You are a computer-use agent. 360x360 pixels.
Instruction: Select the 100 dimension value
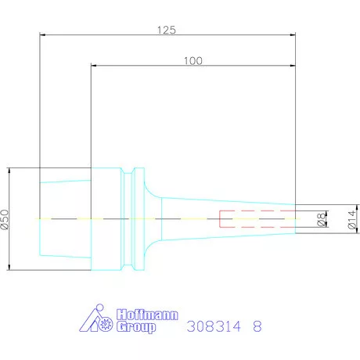tap(195, 60)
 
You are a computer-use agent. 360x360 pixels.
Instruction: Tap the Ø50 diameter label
tap(5, 220)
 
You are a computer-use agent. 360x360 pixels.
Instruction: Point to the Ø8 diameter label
tap(320, 220)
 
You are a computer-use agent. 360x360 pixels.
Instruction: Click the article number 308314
tap(215, 328)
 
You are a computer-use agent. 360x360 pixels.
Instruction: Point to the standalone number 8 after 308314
tap(257, 328)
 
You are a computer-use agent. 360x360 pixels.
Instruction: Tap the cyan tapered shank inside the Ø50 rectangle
tap(66, 219)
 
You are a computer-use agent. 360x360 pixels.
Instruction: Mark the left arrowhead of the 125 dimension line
tap(42, 35)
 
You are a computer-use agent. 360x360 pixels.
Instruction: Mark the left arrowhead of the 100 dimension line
tap(93, 67)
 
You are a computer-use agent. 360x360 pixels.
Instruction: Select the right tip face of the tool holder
tap(296, 219)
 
